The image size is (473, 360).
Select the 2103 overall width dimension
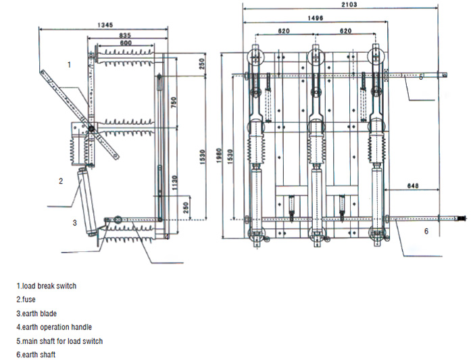click(349, 4)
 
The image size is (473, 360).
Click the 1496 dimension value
click(315, 18)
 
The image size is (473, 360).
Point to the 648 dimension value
click(414, 185)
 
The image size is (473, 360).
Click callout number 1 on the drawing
click(69, 65)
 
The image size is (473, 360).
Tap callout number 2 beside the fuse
click(60, 181)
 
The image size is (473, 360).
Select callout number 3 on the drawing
click(75, 222)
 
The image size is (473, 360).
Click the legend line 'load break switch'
click(47, 286)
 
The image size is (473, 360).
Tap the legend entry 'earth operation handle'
click(54, 328)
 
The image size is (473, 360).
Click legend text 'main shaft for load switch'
click(59, 341)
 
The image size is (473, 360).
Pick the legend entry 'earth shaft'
click(36, 355)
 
